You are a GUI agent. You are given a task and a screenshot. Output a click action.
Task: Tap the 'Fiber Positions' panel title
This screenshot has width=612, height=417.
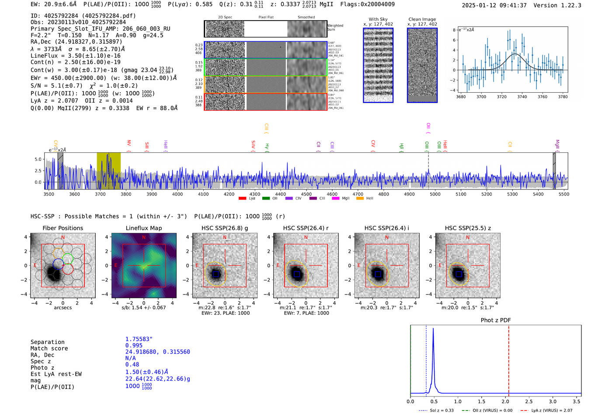(63, 228)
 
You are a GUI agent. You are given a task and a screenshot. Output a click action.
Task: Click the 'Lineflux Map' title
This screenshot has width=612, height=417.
(144, 228)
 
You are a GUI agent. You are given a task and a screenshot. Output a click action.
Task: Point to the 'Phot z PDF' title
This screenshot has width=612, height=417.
(496, 320)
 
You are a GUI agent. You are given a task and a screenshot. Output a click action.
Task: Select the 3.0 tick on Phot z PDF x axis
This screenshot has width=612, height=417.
(553, 401)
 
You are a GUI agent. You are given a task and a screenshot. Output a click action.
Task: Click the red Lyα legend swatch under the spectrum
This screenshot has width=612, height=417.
(242, 198)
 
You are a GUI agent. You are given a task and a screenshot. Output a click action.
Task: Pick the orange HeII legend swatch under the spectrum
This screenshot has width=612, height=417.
(360, 198)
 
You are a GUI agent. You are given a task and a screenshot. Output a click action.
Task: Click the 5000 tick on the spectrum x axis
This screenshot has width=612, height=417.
(435, 194)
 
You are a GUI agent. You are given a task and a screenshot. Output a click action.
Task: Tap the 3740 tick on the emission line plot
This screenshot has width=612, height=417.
(522, 97)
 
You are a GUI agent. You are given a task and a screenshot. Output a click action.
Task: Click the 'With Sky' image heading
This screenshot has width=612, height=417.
(378, 19)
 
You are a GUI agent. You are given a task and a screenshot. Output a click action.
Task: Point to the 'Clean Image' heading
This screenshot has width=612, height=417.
(422, 19)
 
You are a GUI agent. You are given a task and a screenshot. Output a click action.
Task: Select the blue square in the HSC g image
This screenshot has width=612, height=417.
(216, 274)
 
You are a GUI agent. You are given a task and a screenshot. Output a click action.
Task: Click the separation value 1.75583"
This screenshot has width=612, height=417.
(139, 339)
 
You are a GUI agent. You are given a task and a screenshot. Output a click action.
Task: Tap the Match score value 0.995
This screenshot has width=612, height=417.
(134, 345)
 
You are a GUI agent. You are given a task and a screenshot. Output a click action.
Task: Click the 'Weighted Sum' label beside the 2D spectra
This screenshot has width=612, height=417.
(335, 27)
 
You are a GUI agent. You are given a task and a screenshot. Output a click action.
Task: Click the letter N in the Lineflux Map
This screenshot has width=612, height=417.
(143, 238)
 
